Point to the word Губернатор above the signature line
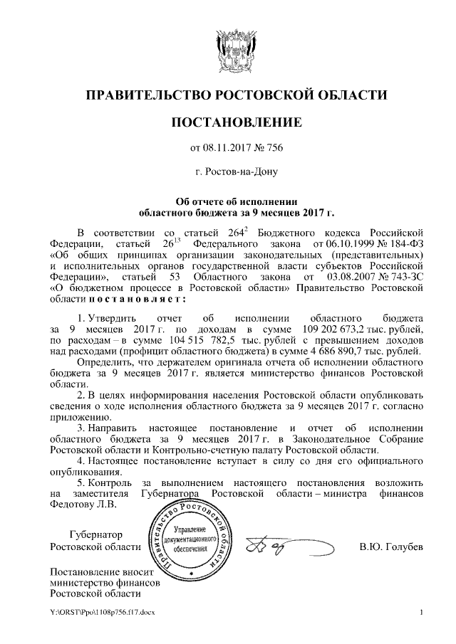[96, 534]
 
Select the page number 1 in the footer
[423, 612]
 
